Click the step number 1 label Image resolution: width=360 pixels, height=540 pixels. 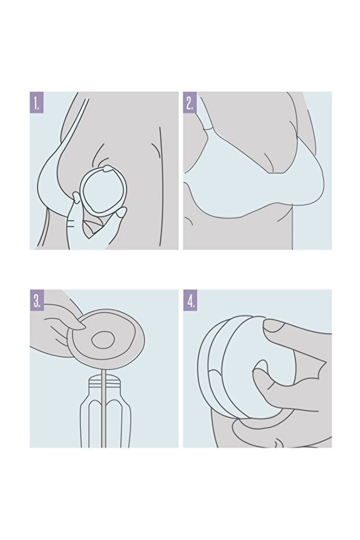(x=37, y=102)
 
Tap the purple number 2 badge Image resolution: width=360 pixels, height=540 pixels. (x=190, y=102)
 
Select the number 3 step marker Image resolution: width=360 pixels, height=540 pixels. (x=37, y=300)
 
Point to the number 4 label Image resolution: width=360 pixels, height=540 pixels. (x=190, y=300)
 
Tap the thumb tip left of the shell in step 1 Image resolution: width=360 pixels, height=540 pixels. (x=77, y=197)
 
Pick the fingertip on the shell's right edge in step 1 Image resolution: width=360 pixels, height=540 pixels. (x=122, y=212)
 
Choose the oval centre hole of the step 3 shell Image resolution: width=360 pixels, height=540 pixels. (x=103, y=340)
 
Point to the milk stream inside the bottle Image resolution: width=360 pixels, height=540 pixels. (x=103, y=407)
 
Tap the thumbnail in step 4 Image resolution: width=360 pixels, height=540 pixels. (x=273, y=326)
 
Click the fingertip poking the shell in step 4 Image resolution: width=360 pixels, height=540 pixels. (x=260, y=369)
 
